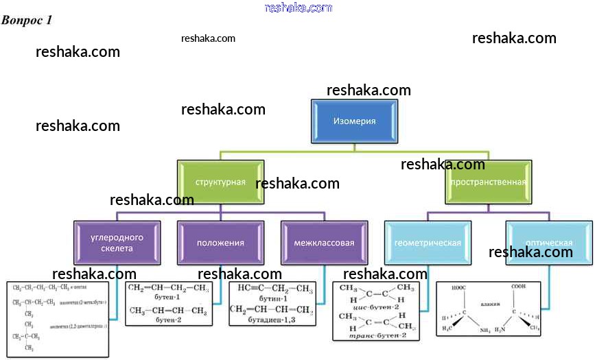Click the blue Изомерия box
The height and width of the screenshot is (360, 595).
(x=354, y=121)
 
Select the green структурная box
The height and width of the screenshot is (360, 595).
(x=220, y=182)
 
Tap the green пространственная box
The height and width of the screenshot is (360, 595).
(x=489, y=182)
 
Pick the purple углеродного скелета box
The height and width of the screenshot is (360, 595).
(x=116, y=243)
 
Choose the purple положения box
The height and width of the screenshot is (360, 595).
(x=220, y=243)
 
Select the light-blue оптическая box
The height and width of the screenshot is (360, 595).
(x=549, y=243)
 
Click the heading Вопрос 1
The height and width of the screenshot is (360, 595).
(x=27, y=20)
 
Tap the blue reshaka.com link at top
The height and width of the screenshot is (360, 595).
(x=298, y=8)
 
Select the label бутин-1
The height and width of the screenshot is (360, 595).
(x=272, y=300)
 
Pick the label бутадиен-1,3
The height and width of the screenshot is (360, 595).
(x=272, y=322)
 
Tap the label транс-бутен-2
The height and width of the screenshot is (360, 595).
(x=379, y=335)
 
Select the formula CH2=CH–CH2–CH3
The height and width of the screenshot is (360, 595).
(x=167, y=287)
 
